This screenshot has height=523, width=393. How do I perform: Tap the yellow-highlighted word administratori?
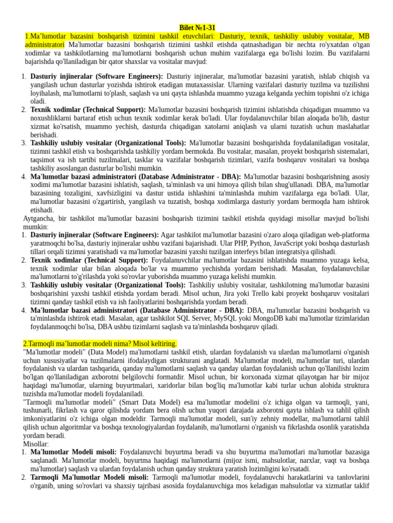coord(46,45)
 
